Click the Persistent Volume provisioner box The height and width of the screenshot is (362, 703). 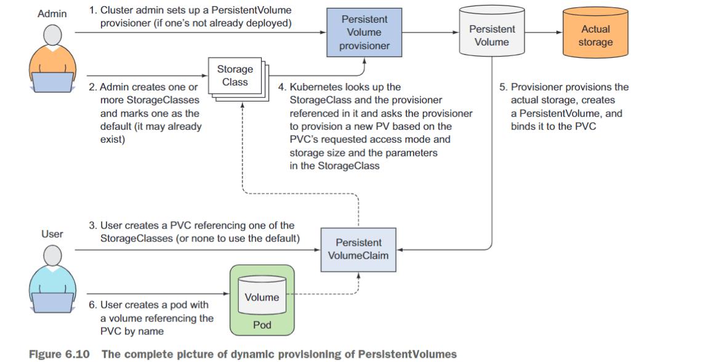pyautogui.click(x=364, y=32)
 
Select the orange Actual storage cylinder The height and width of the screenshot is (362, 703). pyautogui.click(x=595, y=32)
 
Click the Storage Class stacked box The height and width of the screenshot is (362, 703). pyautogui.click(x=238, y=79)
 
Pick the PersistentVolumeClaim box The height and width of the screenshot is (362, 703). pyautogui.click(x=358, y=249)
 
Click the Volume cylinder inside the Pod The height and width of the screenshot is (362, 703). pyautogui.click(x=262, y=295)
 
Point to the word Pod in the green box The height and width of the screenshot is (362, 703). pyautogui.click(x=262, y=325)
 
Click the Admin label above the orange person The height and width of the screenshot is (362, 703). pyautogui.click(x=52, y=14)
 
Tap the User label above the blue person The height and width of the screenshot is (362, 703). pyautogui.click(x=52, y=234)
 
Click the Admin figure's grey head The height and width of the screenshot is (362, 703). pyautogui.click(x=52, y=36)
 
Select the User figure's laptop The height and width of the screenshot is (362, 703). pyautogui.click(x=52, y=302)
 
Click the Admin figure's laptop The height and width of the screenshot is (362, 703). pyautogui.click(x=52, y=82)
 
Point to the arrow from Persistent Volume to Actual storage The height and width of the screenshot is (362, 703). pyautogui.click(x=544, y=32)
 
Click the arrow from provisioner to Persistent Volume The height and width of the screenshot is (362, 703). pyautogui.click(x=430, y=32)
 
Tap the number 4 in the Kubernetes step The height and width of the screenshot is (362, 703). pyautogui.click(x=281, y=87)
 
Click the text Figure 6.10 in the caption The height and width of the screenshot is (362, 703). pyautogui.click(x=59, y=354)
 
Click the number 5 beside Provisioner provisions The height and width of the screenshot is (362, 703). pyautogui.click(x=502, y=87)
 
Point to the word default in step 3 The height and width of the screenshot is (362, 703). pyautogui.click(x=281, y=238)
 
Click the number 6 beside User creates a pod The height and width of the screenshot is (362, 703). pyautogui.click(x=92, y=305)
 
